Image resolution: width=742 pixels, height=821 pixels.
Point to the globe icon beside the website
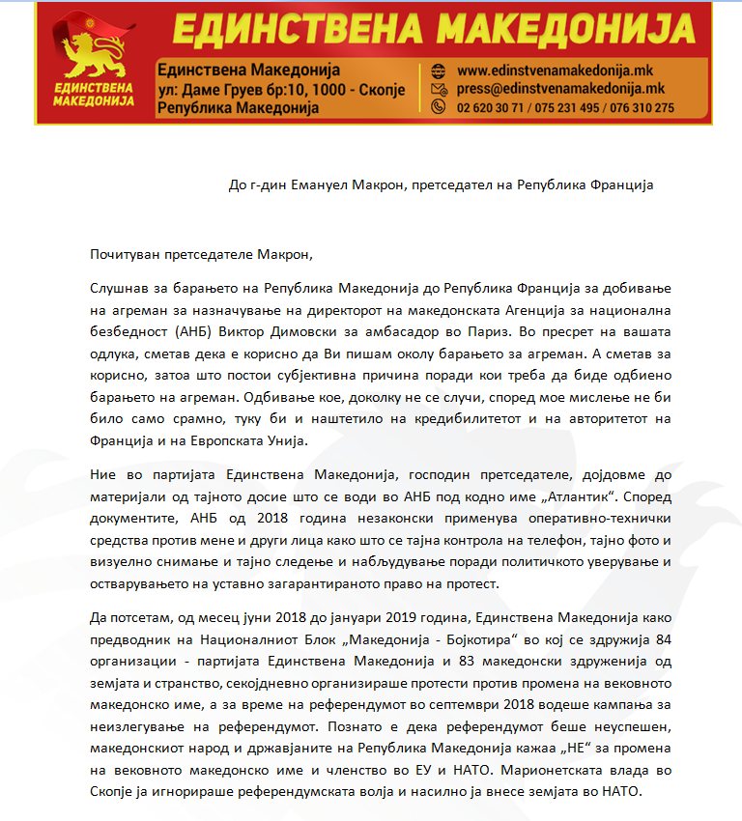pyautogui.click(x=438, y=71)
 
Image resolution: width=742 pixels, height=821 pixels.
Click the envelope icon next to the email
pyautogui.click(x=438, y=89)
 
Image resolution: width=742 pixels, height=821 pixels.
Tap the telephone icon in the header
pyautogui.click(x=438, y=107)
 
